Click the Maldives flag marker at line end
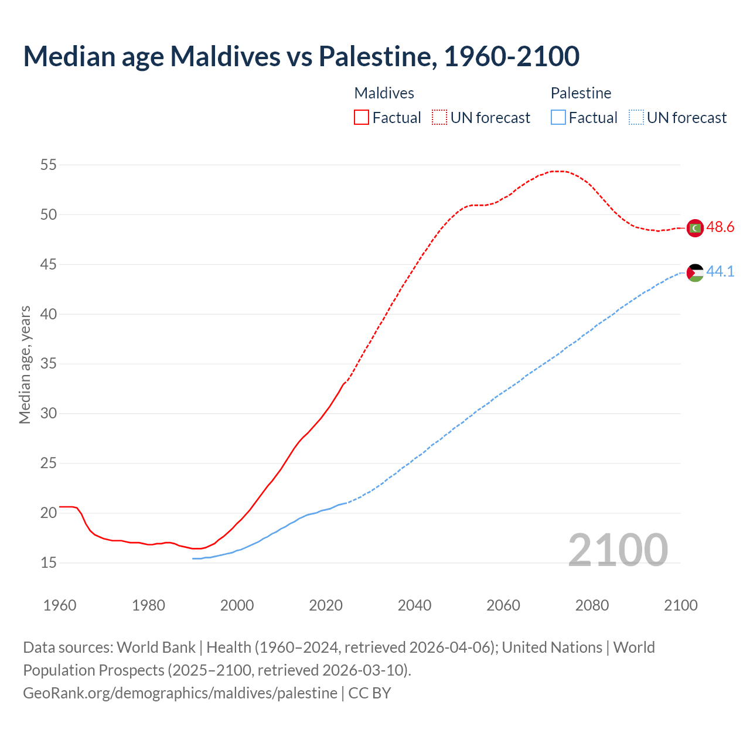click(695, 227)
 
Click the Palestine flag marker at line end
click(695, 272)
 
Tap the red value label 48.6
click(720, 227)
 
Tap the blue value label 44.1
click(720, 271)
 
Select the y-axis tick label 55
click(48, 165)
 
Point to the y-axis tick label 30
click(48, 414)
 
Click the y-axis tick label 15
click(48, 563)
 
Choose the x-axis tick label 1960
click(60, 605)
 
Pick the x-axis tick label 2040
click(414, 605)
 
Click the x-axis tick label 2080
click(592, 605)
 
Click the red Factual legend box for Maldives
click(362, 118)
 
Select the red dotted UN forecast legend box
click(439, 118)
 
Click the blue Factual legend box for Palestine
click(558, 118)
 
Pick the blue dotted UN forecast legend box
click(636, 118)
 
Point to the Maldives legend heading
click(384, 93)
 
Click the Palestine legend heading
click(581, 93)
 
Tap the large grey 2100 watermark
click(618, 550)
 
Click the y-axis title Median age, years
click(25, 364)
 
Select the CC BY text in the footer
click(369, 693)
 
